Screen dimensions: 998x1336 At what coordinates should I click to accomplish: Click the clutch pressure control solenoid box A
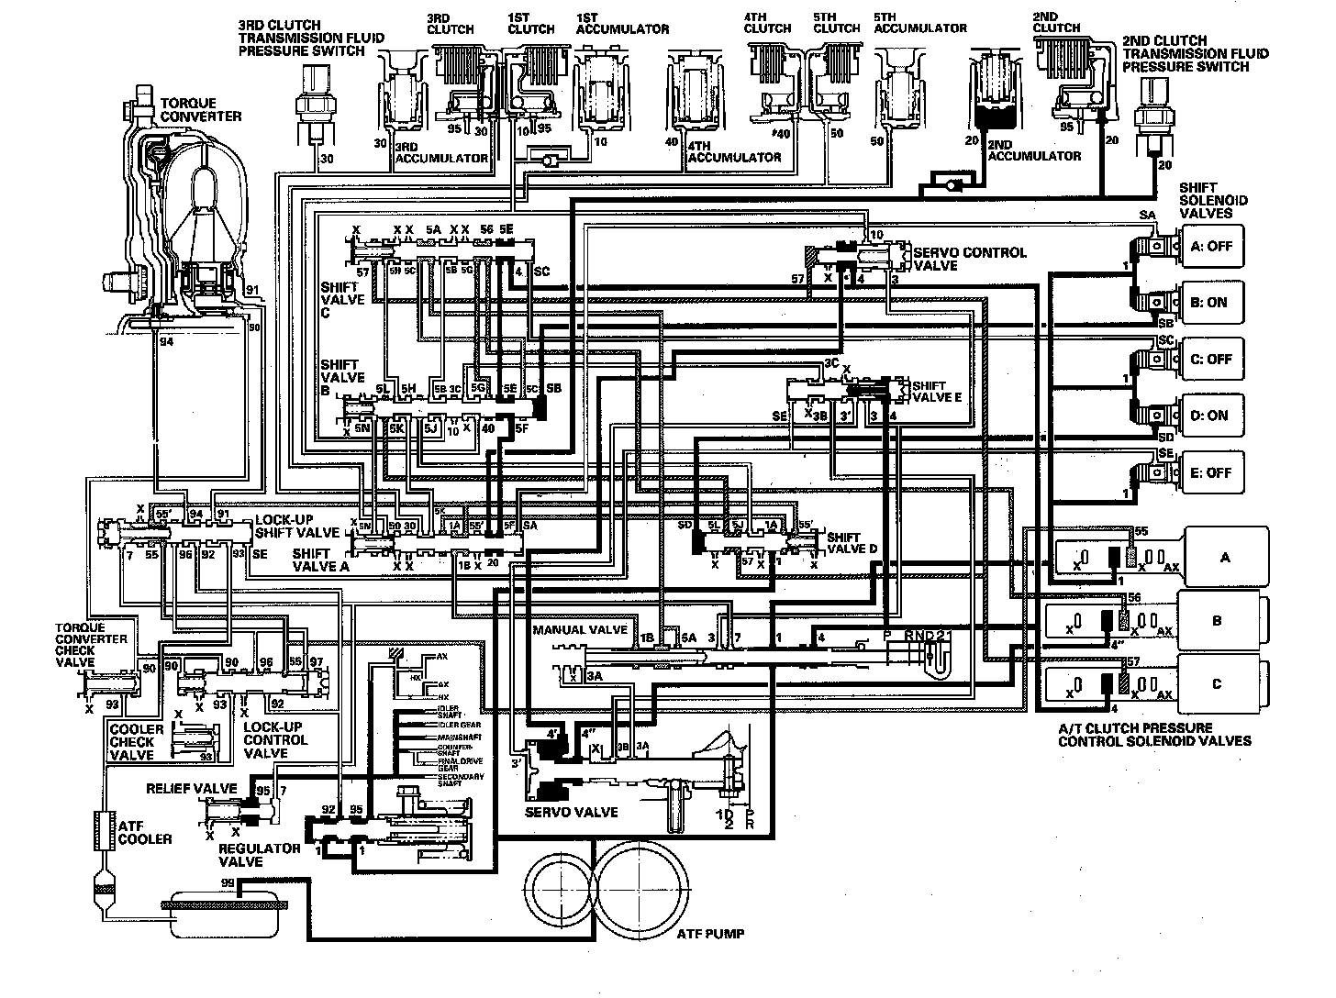coord(1226,557)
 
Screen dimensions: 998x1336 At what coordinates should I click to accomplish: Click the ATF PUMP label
coord(710,934)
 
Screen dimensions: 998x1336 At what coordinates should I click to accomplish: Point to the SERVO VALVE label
coord(571,812)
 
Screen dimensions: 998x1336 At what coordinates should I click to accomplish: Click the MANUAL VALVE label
coord(580,630)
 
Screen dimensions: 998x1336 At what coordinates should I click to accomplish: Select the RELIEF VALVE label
coord(191,789)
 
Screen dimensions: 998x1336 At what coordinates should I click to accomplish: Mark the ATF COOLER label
coord(145,832)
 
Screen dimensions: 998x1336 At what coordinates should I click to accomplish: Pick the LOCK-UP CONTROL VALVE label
coord(276,739)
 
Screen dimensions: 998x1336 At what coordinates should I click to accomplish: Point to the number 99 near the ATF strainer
coord(228,882)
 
